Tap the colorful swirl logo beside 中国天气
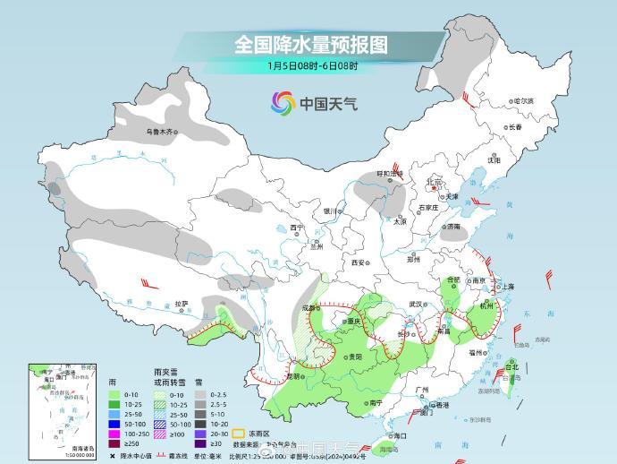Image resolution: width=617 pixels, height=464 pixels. click(x=283, y=103)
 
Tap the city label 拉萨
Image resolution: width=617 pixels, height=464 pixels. click(x=182, y=303)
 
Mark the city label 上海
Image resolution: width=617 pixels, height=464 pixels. click(x=507, y=287)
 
